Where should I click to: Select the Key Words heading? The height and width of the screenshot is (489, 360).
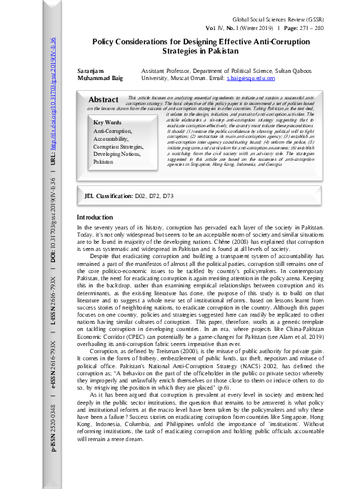point(108,123)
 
